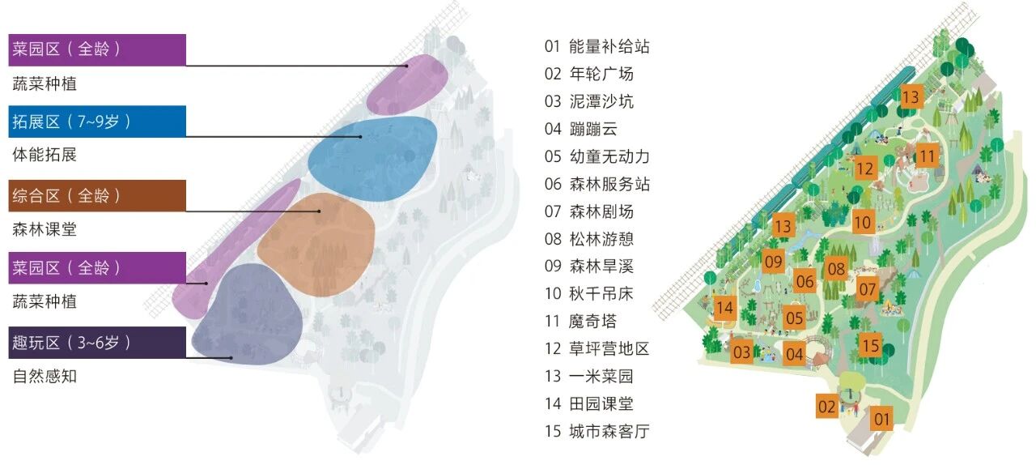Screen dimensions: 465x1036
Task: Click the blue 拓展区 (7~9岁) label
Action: click(x=97, y=122)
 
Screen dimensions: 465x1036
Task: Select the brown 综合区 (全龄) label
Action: click(x=97, y=195)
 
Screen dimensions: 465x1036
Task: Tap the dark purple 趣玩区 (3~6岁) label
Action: click(x=97, y=343)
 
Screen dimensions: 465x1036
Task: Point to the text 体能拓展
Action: click(x=45, y=154)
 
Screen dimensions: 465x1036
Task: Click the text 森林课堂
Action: click(x=45, y=228)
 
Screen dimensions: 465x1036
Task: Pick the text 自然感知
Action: click(x=45, y=376)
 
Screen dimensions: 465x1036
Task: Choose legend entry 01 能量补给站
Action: click(x=597, y=46)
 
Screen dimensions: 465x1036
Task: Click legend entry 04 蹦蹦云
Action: click(x=581, y=129)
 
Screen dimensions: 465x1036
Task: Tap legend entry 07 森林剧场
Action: click(x=588, y=211)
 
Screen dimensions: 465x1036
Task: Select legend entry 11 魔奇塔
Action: click(x=581, y=321)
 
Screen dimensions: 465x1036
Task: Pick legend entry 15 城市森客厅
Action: click(x=597, y=431)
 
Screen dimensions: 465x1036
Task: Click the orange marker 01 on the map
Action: click(x=882, y=419)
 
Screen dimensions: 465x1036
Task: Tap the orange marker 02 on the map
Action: click(x=826, y=406)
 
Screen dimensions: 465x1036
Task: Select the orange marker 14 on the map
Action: click(x=724, y=307)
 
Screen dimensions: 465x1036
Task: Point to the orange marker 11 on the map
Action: click(x=928, y=156)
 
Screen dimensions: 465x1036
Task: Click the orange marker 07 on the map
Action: click(x=868, y=288)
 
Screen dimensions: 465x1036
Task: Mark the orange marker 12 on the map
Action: click(x=865, y=168)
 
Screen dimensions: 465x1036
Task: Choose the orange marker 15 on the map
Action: click(x=870, y=345)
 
